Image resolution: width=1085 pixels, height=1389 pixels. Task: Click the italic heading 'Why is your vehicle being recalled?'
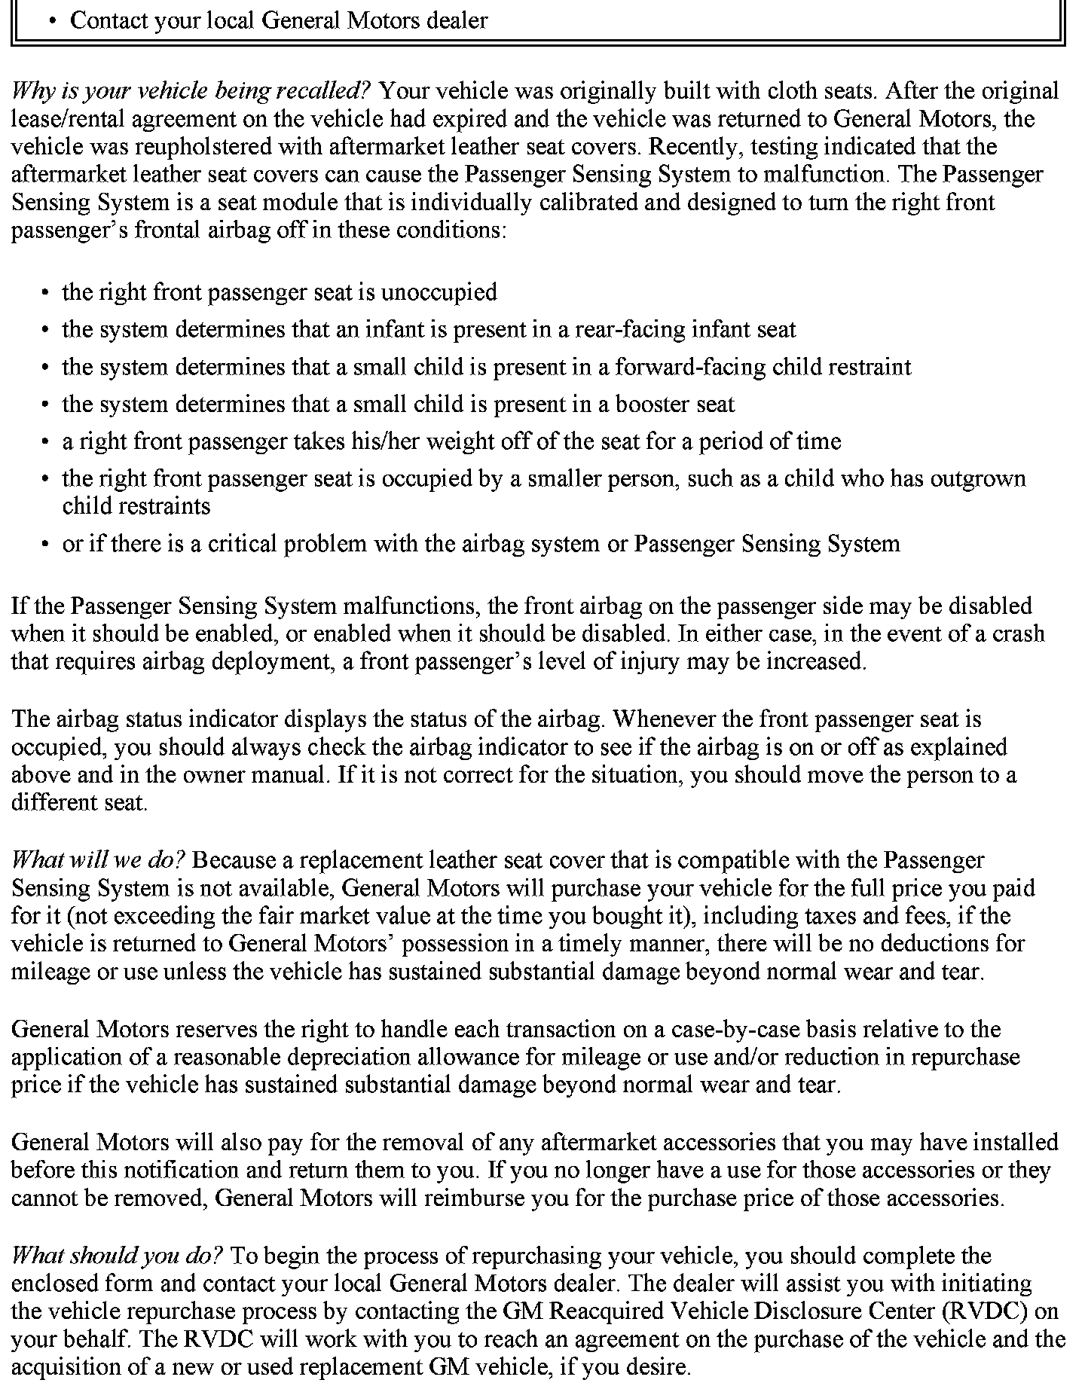click(x=190, y=91)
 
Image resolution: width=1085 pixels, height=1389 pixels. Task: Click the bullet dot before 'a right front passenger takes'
click(x=47, y=442)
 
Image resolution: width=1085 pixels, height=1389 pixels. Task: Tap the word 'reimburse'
click(x=473, y=1198)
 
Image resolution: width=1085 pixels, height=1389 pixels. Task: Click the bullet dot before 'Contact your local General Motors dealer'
click(x=52, y=21)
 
